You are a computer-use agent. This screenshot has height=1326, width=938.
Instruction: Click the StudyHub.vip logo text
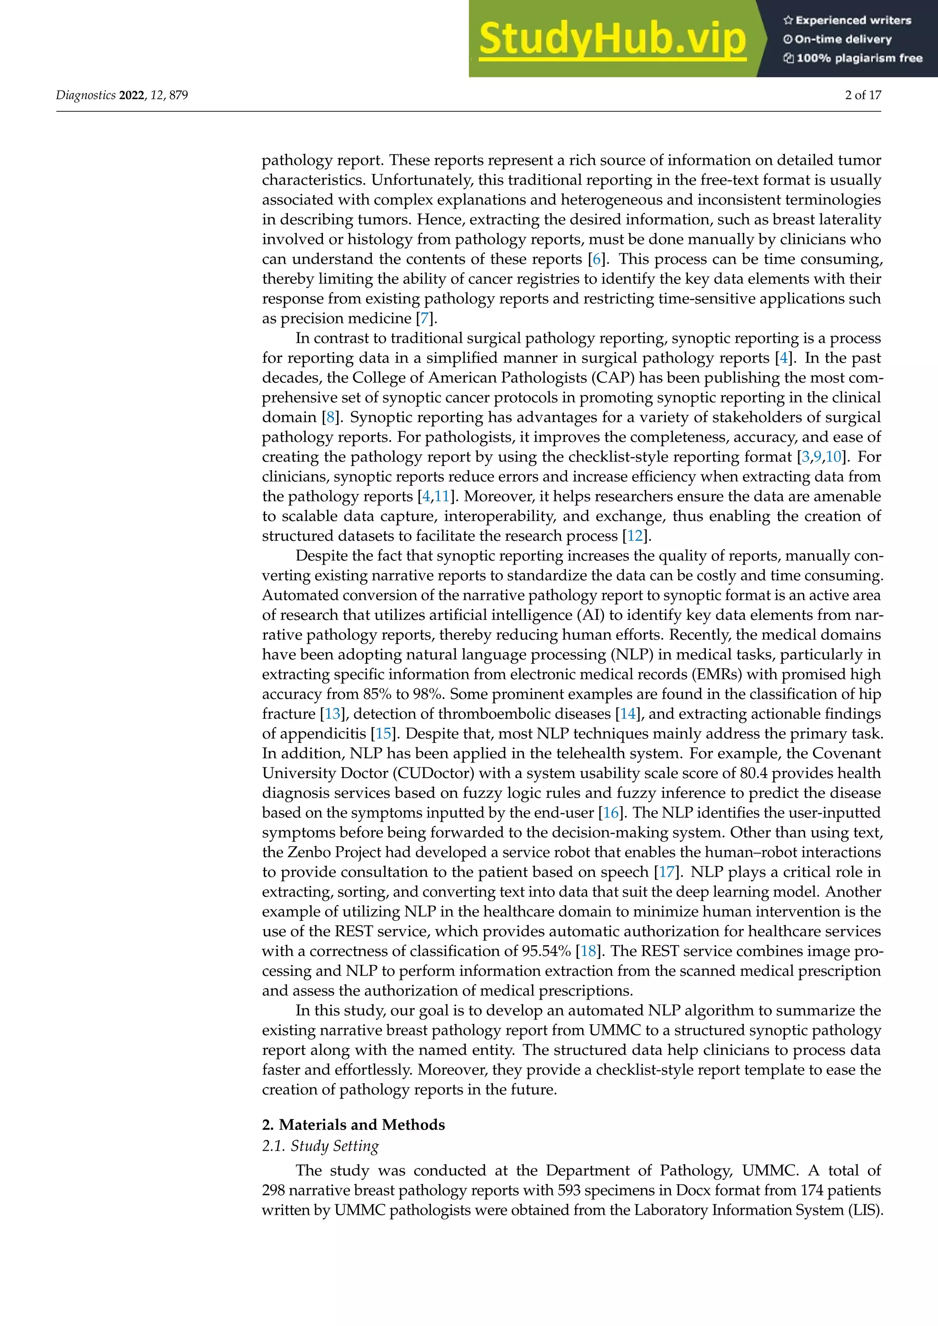click(612, 39)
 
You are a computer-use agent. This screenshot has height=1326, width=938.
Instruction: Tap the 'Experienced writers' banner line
click(847, 20)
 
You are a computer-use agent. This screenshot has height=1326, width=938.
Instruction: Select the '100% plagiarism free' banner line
click(853, 58)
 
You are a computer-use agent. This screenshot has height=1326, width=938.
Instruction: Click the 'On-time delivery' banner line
click(838, 39)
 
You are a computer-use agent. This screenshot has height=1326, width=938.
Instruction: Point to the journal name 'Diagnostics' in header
click(86, 95)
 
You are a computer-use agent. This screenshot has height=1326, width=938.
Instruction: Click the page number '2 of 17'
click(863, 95)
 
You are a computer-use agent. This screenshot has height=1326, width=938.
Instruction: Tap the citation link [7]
click(425, 319)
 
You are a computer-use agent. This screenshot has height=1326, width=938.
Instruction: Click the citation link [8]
click(330, 418)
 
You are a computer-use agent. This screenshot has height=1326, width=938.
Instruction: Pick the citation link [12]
click(635, 536)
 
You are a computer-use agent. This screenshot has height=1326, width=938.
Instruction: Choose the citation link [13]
click(333, 714)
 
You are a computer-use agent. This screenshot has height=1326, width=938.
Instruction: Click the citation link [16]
click(611, 813)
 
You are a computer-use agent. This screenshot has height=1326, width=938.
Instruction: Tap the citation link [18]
click(589, 951)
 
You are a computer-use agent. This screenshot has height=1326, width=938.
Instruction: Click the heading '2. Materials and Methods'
click(354, 1125)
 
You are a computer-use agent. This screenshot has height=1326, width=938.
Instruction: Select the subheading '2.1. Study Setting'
click(321, 1147)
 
